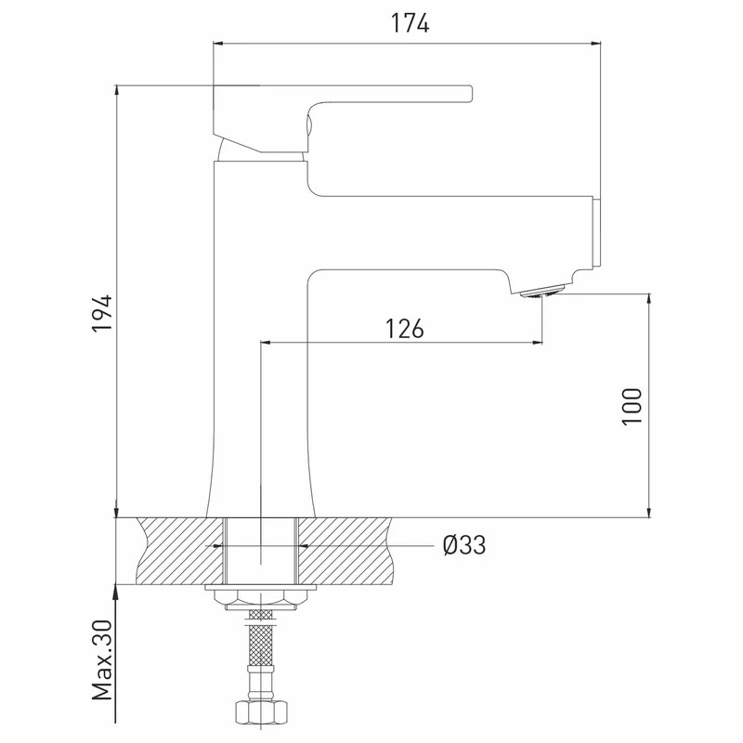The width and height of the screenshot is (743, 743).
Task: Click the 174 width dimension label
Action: pyautogui.click(x=410, y=23)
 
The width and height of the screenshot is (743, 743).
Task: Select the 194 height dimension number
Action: pyautogui.click(x=102, y=313)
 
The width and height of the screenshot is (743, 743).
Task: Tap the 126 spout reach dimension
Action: pyautogui.click(x=404, y=329)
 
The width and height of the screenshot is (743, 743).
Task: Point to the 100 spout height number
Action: pyautogui.click(x=632, y=407)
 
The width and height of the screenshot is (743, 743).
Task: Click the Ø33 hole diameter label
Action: pyautogui.click(x=464, y=545)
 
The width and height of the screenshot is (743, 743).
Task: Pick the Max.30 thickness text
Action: pyautogui.click(x=102, y=660)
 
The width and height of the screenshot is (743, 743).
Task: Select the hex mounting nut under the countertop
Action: pyautogui.click(x=261, y=600)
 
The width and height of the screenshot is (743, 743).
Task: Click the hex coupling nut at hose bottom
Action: pyautogui.click(x=261, y=711)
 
